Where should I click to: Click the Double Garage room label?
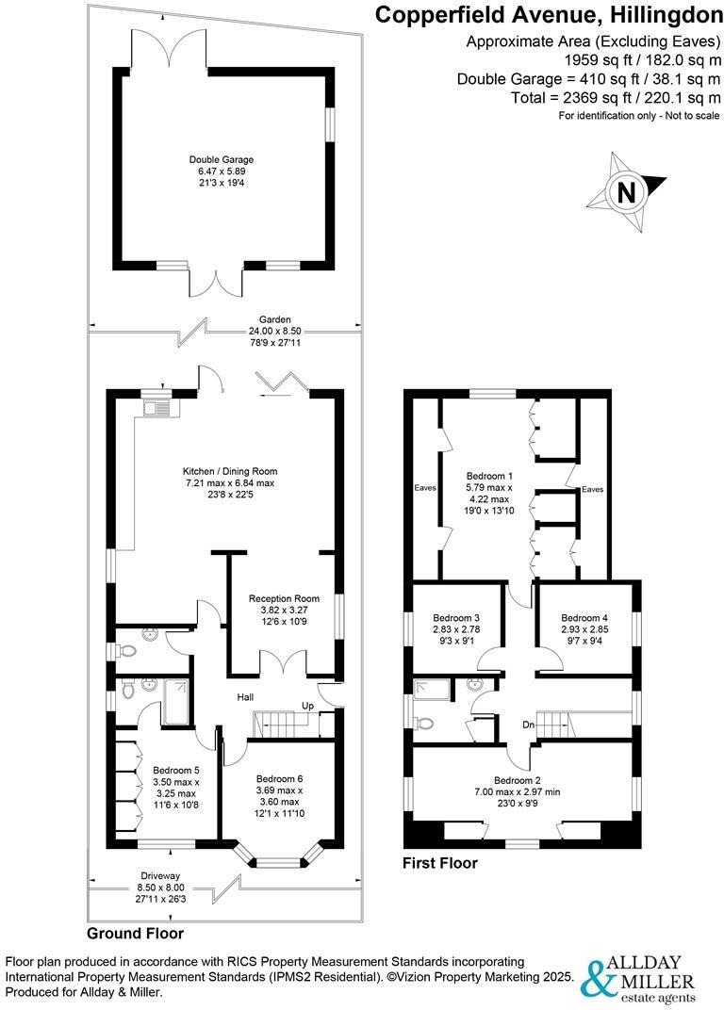tap(221, 160)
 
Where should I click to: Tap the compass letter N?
tap(624, 192)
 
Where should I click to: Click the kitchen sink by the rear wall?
tap(156, 408)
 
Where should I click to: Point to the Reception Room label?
tap(284, 598)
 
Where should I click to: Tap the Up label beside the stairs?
tap(306, 706)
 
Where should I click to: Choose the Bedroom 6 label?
tap(280, 778)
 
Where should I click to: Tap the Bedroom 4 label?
tap(584, 617)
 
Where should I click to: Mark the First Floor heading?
tap(440, 862)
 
